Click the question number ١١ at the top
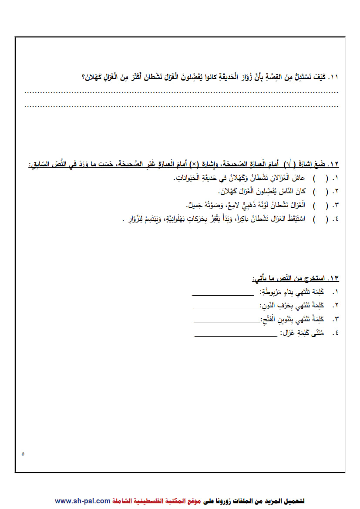(x=333, y=78)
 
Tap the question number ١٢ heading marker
(x=333, y=164)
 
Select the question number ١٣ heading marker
(x=333, y=278)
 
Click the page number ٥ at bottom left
(x=23, y=454)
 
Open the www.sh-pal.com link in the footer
(x=82, y=501)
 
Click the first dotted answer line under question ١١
(x=181, y=92)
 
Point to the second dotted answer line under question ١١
(x=181, y=106)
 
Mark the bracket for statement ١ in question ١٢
(x=320, y=179)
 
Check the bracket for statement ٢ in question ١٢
(x=320, y=192)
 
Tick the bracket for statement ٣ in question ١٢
(x=320, y=205)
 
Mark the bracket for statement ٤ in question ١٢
(x=320, y=219)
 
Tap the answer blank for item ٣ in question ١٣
(x=227, y=323)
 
